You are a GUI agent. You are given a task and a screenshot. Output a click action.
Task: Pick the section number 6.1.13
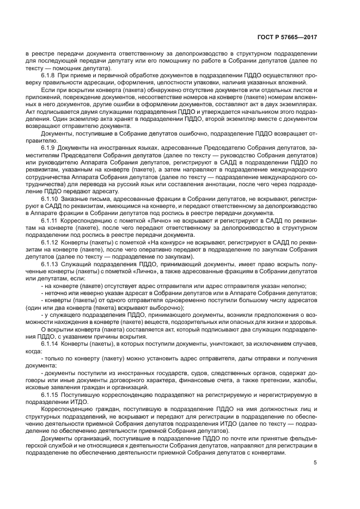pyautogui.click(x=51, y=263)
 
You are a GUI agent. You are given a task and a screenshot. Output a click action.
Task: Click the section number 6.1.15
pyautogui.click(x=51, y=394)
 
